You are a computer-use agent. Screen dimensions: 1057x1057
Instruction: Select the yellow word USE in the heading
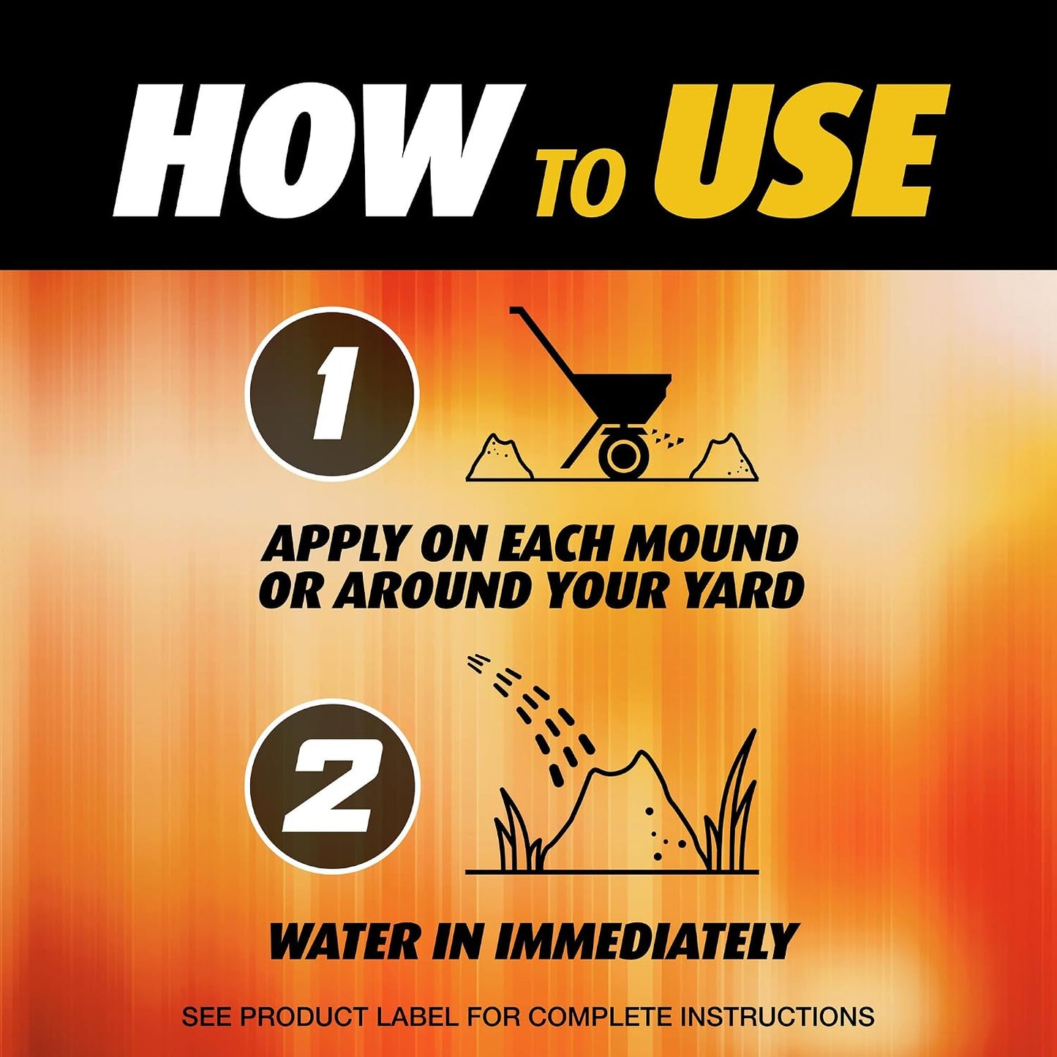pyautogui.click(x=797, y=151)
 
